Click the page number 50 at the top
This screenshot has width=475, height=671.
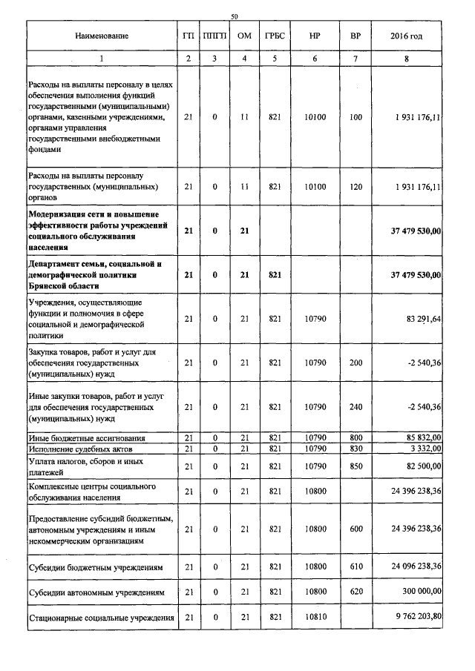coord(235,16)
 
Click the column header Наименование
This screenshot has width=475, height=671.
coord(102,36)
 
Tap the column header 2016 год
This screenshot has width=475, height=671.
coord(407,36)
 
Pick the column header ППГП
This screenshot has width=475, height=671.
coord(214,36)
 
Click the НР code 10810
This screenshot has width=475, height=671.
coord(315,618)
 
